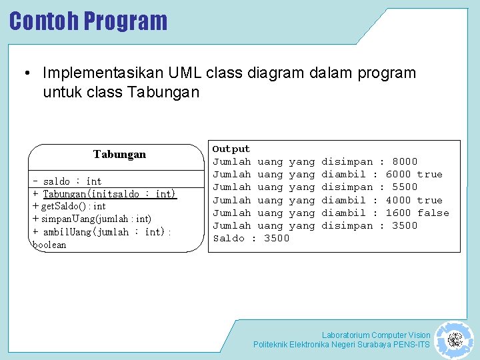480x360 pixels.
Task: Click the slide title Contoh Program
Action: [88, 21]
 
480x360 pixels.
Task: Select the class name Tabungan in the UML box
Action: [119, 155]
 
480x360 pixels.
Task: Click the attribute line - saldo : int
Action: [67, 181]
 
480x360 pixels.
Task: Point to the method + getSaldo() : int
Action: [69, 207]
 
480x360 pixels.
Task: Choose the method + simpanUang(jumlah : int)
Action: [92, 219]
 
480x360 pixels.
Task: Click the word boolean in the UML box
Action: [50, 245]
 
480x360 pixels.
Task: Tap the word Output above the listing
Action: [231, 149]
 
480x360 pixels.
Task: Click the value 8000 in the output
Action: [405, 161]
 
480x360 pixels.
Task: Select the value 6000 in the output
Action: [398, 174]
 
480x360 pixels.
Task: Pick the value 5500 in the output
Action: [405, 187]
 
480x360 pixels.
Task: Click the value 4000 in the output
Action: [398, 200]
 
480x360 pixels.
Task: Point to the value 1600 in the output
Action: [398, 213]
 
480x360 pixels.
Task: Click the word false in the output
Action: [433, 213]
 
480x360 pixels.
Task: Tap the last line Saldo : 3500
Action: [251, 239]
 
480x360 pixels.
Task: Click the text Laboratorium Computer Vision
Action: [376, 335]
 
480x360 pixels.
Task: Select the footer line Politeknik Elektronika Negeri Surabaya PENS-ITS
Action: [341, 345]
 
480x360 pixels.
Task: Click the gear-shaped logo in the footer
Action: [455, 339]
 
